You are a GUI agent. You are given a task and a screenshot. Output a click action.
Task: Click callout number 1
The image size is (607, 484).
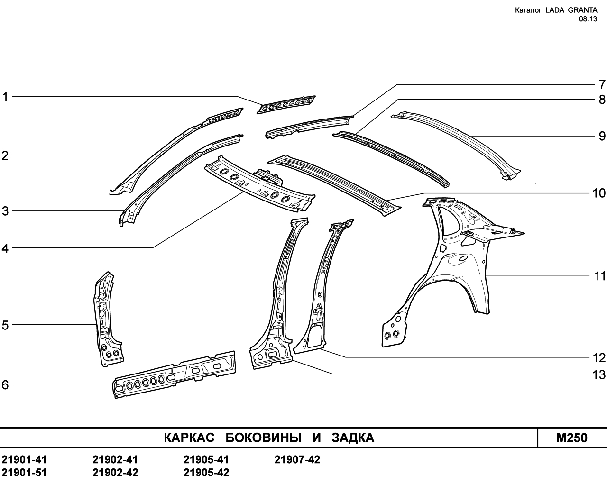pos(5,97)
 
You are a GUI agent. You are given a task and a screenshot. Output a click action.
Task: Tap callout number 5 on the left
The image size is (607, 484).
pos(5,325)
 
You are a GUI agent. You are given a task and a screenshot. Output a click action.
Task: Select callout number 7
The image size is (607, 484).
pos(602,84)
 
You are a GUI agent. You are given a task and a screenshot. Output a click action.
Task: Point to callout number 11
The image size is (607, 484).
pos(600,276)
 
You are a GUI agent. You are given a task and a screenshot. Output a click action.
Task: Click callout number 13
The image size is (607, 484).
pos(599,375)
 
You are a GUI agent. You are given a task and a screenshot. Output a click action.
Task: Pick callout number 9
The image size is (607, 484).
pos(602,137)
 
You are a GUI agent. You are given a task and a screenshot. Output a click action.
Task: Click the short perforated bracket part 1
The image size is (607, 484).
pos(286,105)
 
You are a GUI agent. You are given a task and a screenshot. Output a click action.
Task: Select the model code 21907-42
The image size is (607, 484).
pos(297,460)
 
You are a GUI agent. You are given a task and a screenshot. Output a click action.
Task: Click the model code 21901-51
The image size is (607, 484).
pos(24,473)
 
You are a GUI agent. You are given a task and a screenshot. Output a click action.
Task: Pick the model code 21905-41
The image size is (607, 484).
pos(206,460)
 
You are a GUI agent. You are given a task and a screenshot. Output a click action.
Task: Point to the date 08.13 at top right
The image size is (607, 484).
pos(588,19)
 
